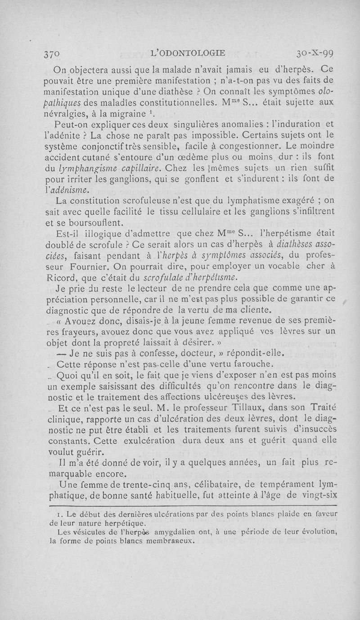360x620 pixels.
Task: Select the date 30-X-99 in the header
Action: pyautogui.click(x=315, y=53)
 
